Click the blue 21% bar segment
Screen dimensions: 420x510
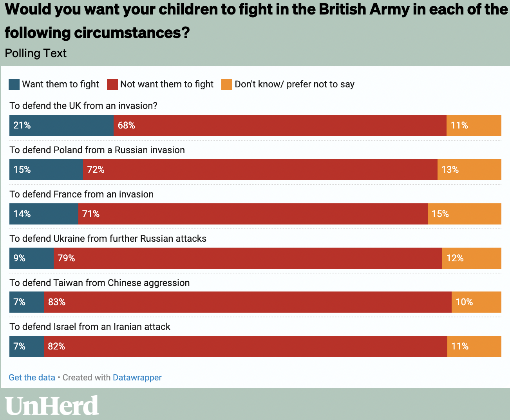tap(61, 125)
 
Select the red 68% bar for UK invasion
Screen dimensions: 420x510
tap(280, 125)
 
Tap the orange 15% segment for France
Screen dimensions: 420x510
tap(464, 214)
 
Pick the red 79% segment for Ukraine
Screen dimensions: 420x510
tap(248, 258)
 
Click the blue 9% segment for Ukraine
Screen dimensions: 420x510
tap(31, 258)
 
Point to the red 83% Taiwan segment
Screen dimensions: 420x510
tap(248, 302)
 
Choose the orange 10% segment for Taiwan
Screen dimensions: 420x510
tap(476, 302)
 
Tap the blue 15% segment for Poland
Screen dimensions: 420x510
tap(46, 170)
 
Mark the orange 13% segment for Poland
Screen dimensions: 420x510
tap(469, 170)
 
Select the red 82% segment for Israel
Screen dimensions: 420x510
tap(245, 346)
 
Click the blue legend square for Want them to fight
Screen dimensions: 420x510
tap(14, 85)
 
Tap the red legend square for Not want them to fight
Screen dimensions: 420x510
tap(112, 85)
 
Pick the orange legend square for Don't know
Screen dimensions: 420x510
tap(227, 85)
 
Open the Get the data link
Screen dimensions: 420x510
tap(32, 377)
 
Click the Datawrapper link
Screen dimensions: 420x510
tap(137, 377)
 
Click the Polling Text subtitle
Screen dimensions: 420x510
tap(36, 53)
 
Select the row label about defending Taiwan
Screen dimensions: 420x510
tap(99, 283)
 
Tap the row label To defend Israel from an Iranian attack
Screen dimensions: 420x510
tap(90, 327)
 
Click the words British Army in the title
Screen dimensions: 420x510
tap(364, 9)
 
